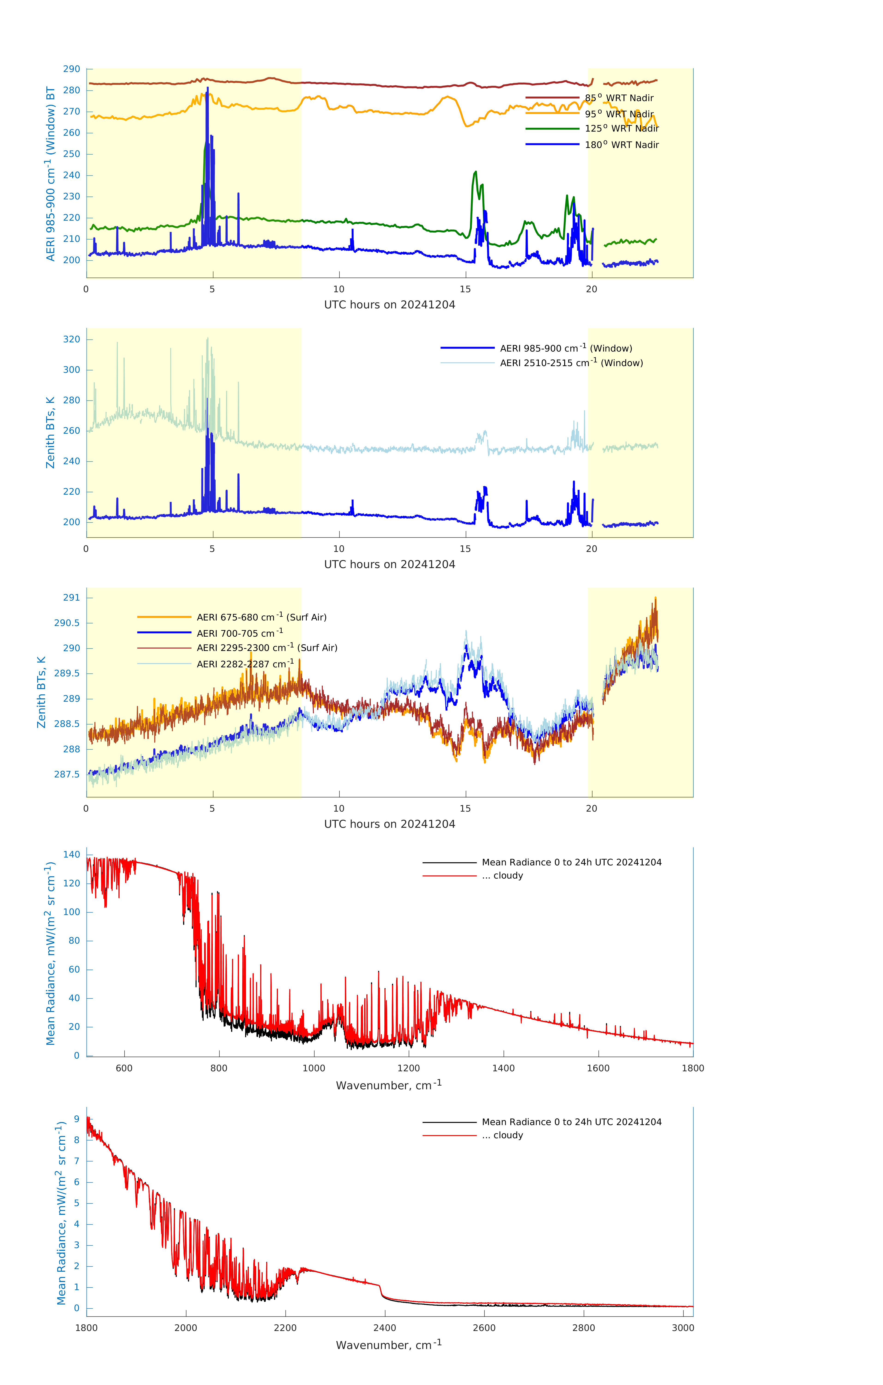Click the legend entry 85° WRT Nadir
click(619, 98)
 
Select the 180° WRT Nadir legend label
click(621, 145)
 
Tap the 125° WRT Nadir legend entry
click(621, 129)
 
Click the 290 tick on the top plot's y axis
click(72, 69)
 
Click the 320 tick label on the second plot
click(72, 339)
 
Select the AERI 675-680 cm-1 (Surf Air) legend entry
click(261, 617)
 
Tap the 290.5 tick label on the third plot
click(67, 623)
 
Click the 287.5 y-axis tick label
click(67, 774)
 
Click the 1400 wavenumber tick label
click(503, 1068)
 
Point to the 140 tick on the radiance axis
click(72, 855)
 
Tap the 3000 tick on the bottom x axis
click(683, 1328)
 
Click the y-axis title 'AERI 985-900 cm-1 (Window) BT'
click(51, 174)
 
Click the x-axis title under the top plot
click(389, 305)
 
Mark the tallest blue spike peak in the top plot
click(208, 88)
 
